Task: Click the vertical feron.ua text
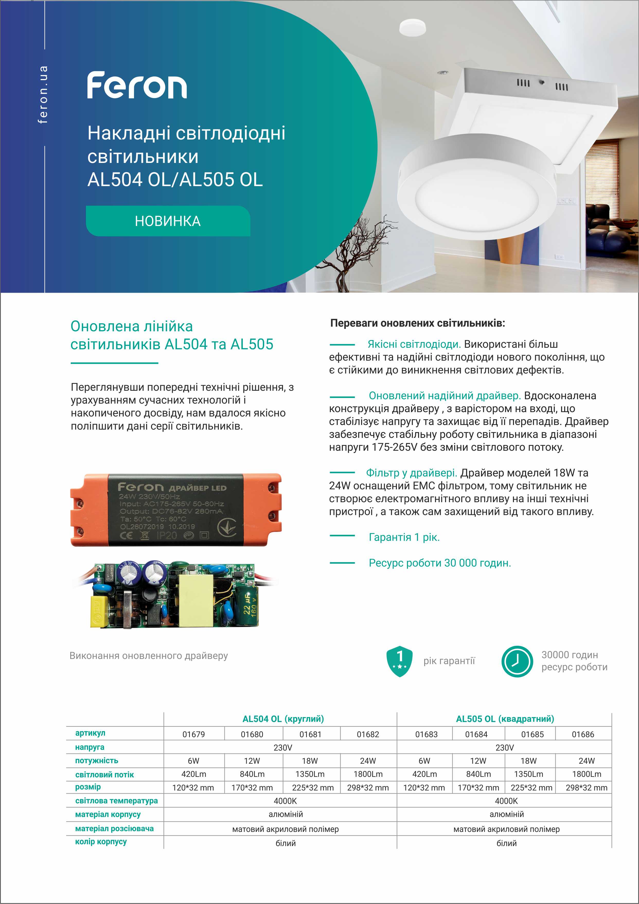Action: [x=43, y=94]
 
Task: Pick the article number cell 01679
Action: [x=194, y=734]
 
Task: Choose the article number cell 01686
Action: [x=583, y=734]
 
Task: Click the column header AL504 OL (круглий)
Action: [x=283, y=719]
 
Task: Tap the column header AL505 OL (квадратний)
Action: [x=505, y=719]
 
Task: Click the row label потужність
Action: [x=96, y=761]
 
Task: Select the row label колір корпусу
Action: [x=101, y=841]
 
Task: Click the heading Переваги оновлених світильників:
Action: [x=418, y=323]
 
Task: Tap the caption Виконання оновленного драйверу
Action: [x=149, y=656]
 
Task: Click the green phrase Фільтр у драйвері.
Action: [x=411, y=473]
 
